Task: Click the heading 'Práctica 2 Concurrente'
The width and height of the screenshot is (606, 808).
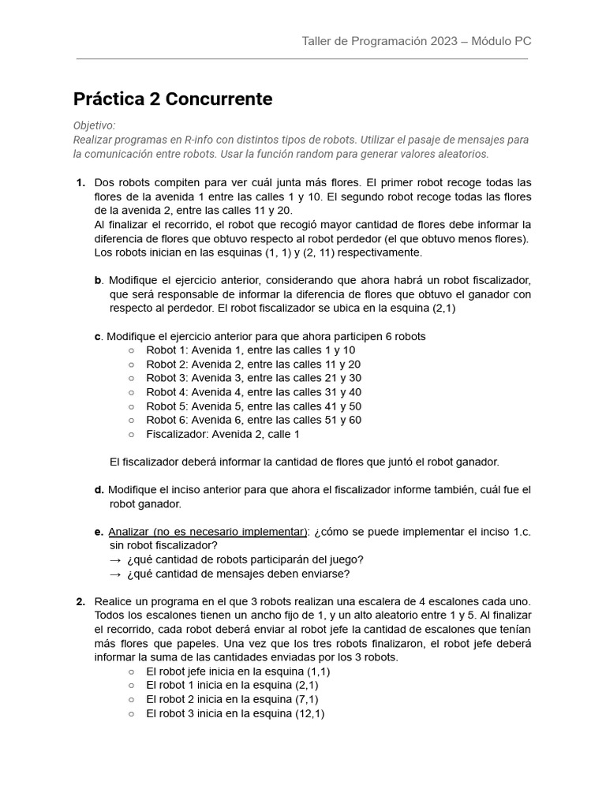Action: [x=173, y=99]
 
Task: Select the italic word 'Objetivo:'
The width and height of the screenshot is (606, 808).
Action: [x=94, y=125]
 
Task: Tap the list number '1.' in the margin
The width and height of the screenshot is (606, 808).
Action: [x=80, y=183]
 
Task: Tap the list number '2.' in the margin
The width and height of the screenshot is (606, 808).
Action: [x=80, y=601]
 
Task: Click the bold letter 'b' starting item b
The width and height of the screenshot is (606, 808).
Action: [x=98, y=280]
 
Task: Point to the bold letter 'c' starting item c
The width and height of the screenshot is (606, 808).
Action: [x=98, y=336]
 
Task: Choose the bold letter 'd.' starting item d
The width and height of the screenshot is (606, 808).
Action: [x=99, y=490]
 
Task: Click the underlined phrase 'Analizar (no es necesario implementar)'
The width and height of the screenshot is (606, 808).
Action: [x=208, y=532]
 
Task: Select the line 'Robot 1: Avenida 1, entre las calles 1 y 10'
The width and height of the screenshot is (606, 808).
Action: [x=250, y=350]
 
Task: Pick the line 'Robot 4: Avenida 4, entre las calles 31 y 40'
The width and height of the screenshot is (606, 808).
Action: [x=253, y=392]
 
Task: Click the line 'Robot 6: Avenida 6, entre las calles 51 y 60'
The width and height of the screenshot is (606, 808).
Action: [x=253, y=420]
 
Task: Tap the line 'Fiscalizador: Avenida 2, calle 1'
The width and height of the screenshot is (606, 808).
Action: [x=223, y=434]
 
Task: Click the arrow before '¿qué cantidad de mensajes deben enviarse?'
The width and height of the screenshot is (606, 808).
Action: [x=115, y=574]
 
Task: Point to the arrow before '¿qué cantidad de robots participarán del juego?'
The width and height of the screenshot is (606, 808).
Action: [x=115, y=559]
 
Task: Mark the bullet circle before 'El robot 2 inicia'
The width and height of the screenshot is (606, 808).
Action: [x=131, y=699]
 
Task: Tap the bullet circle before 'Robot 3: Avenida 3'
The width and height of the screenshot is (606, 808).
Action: [x=131, y=378]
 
